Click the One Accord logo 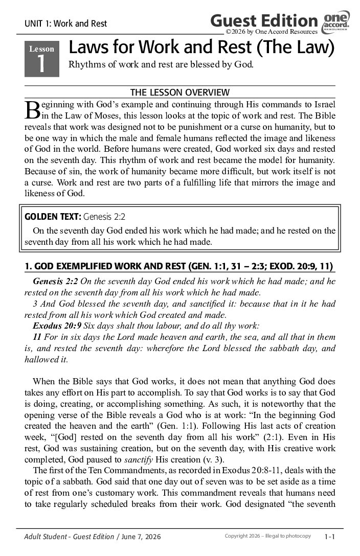pos(336,23)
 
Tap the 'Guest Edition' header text pos(264,21)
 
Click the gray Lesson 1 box pos(42,59)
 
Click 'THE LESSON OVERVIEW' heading pos(180,92)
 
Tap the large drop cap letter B pos(32,109)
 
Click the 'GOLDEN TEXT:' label pos(52,216)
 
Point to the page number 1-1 pos(330,537)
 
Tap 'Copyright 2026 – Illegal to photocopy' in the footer pos(267,536)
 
